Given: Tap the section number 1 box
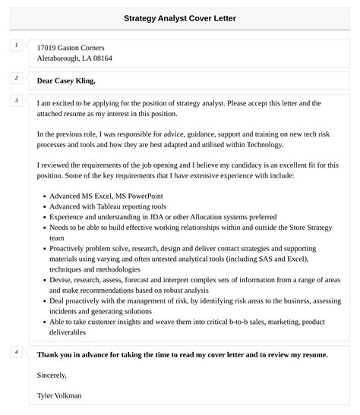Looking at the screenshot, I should coord(15,46).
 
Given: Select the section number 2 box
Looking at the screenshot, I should coord(15,77).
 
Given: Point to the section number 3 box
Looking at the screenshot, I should coord(15,100).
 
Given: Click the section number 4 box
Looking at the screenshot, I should coord(15,351).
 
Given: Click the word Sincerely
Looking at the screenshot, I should coord(52,374).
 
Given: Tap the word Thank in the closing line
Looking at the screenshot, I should coord(48,354).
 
